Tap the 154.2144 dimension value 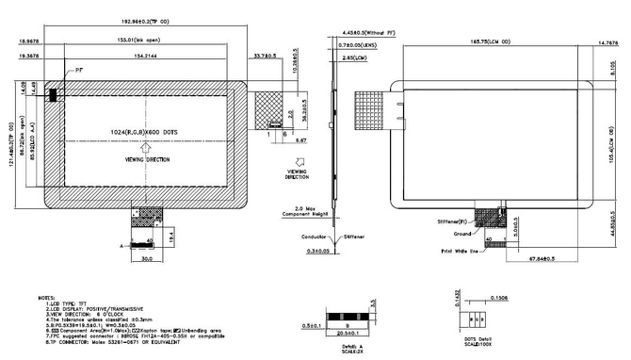(134, 57)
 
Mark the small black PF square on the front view (54, 93)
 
